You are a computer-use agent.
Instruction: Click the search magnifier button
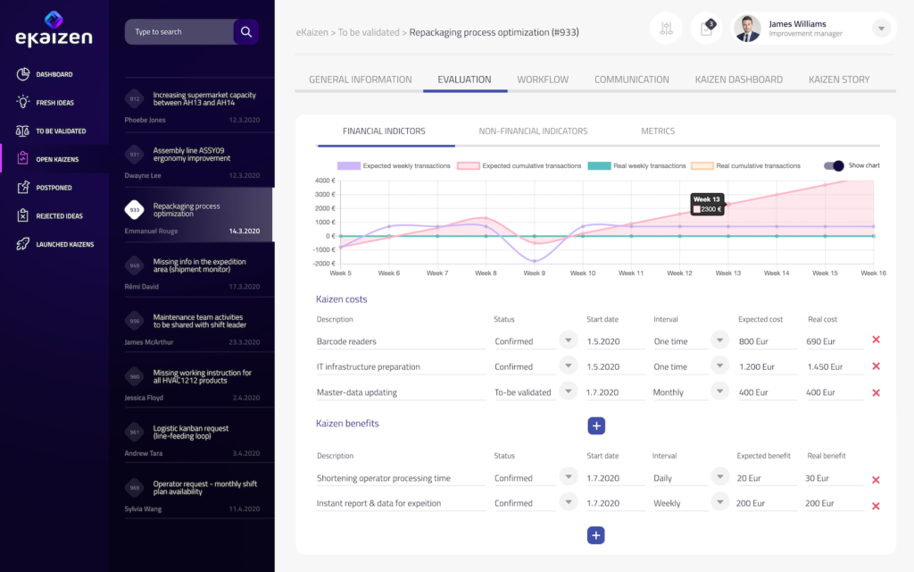pos(246,32)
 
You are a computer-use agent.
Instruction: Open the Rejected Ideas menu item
pos(59,215)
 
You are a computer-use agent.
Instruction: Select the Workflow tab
pos(543,80)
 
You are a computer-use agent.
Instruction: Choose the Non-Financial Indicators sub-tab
pos(533,131)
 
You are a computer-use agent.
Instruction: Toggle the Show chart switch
pos(834,165)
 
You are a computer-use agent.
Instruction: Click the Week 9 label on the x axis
pos(534,273)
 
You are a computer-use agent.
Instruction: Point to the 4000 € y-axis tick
pos(324,181)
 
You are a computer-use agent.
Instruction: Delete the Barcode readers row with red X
pos(876,341)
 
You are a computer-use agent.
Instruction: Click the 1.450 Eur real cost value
pos(824,367)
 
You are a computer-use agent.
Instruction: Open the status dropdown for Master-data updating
pos(568,391)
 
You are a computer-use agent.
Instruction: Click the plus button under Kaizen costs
pos(596,426)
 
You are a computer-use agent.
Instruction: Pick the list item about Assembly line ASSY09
pos(191,155)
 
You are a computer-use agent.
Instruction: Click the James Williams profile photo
pos(747,29)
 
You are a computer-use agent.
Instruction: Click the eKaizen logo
pos(53,28)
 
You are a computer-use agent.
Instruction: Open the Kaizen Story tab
pos(839,80)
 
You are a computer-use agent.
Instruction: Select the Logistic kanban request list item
pos(191,432)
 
